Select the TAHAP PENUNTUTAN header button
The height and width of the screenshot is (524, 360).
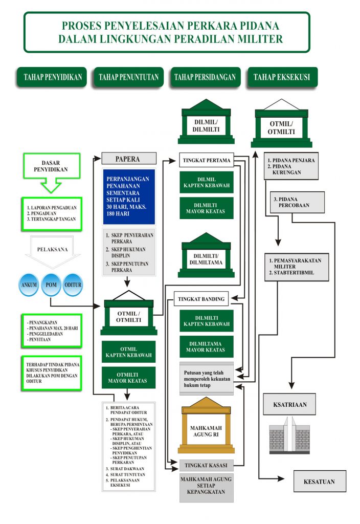coord(128,77)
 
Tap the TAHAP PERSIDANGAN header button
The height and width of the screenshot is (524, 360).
coord(205,77)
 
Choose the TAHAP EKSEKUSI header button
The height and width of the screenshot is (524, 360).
coord(282,77)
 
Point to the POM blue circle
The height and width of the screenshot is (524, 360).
coord(51,285)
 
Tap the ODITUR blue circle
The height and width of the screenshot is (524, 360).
coord(73,285)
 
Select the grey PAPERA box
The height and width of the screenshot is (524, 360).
coord(128,159)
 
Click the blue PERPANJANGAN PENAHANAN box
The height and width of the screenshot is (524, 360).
coord(128,196)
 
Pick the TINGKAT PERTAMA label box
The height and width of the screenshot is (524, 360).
coord(206,161)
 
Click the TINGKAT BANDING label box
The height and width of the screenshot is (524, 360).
coord(200,298)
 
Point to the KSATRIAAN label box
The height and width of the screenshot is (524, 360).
coord(289,404)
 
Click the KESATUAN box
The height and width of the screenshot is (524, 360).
coord(320,482)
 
